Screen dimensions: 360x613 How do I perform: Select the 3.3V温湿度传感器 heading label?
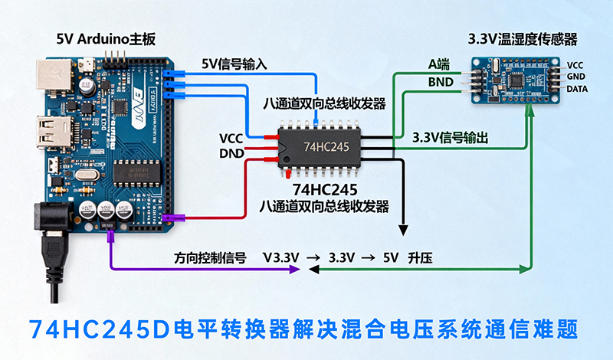[x=522, y=38]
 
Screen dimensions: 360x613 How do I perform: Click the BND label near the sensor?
[x=441, y=81]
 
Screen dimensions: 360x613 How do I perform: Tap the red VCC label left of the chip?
[x=231, y=138]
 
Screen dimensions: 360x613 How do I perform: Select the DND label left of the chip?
[x=231, y=153]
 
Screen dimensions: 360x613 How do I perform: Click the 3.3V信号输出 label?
[x=451, y=138]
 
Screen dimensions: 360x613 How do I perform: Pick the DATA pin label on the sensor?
[x=579, y=90]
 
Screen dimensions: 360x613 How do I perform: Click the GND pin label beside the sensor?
[x=575, y=78]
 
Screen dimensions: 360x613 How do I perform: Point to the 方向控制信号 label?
[x=209, y=258]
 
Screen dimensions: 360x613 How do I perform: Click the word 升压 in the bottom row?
[x=421, y=258]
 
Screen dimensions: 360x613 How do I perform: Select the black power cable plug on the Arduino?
[x=51, y=230]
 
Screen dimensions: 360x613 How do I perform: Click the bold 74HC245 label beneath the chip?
[x=325, y=189]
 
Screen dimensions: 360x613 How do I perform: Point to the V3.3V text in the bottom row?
[x=280, y=258]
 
